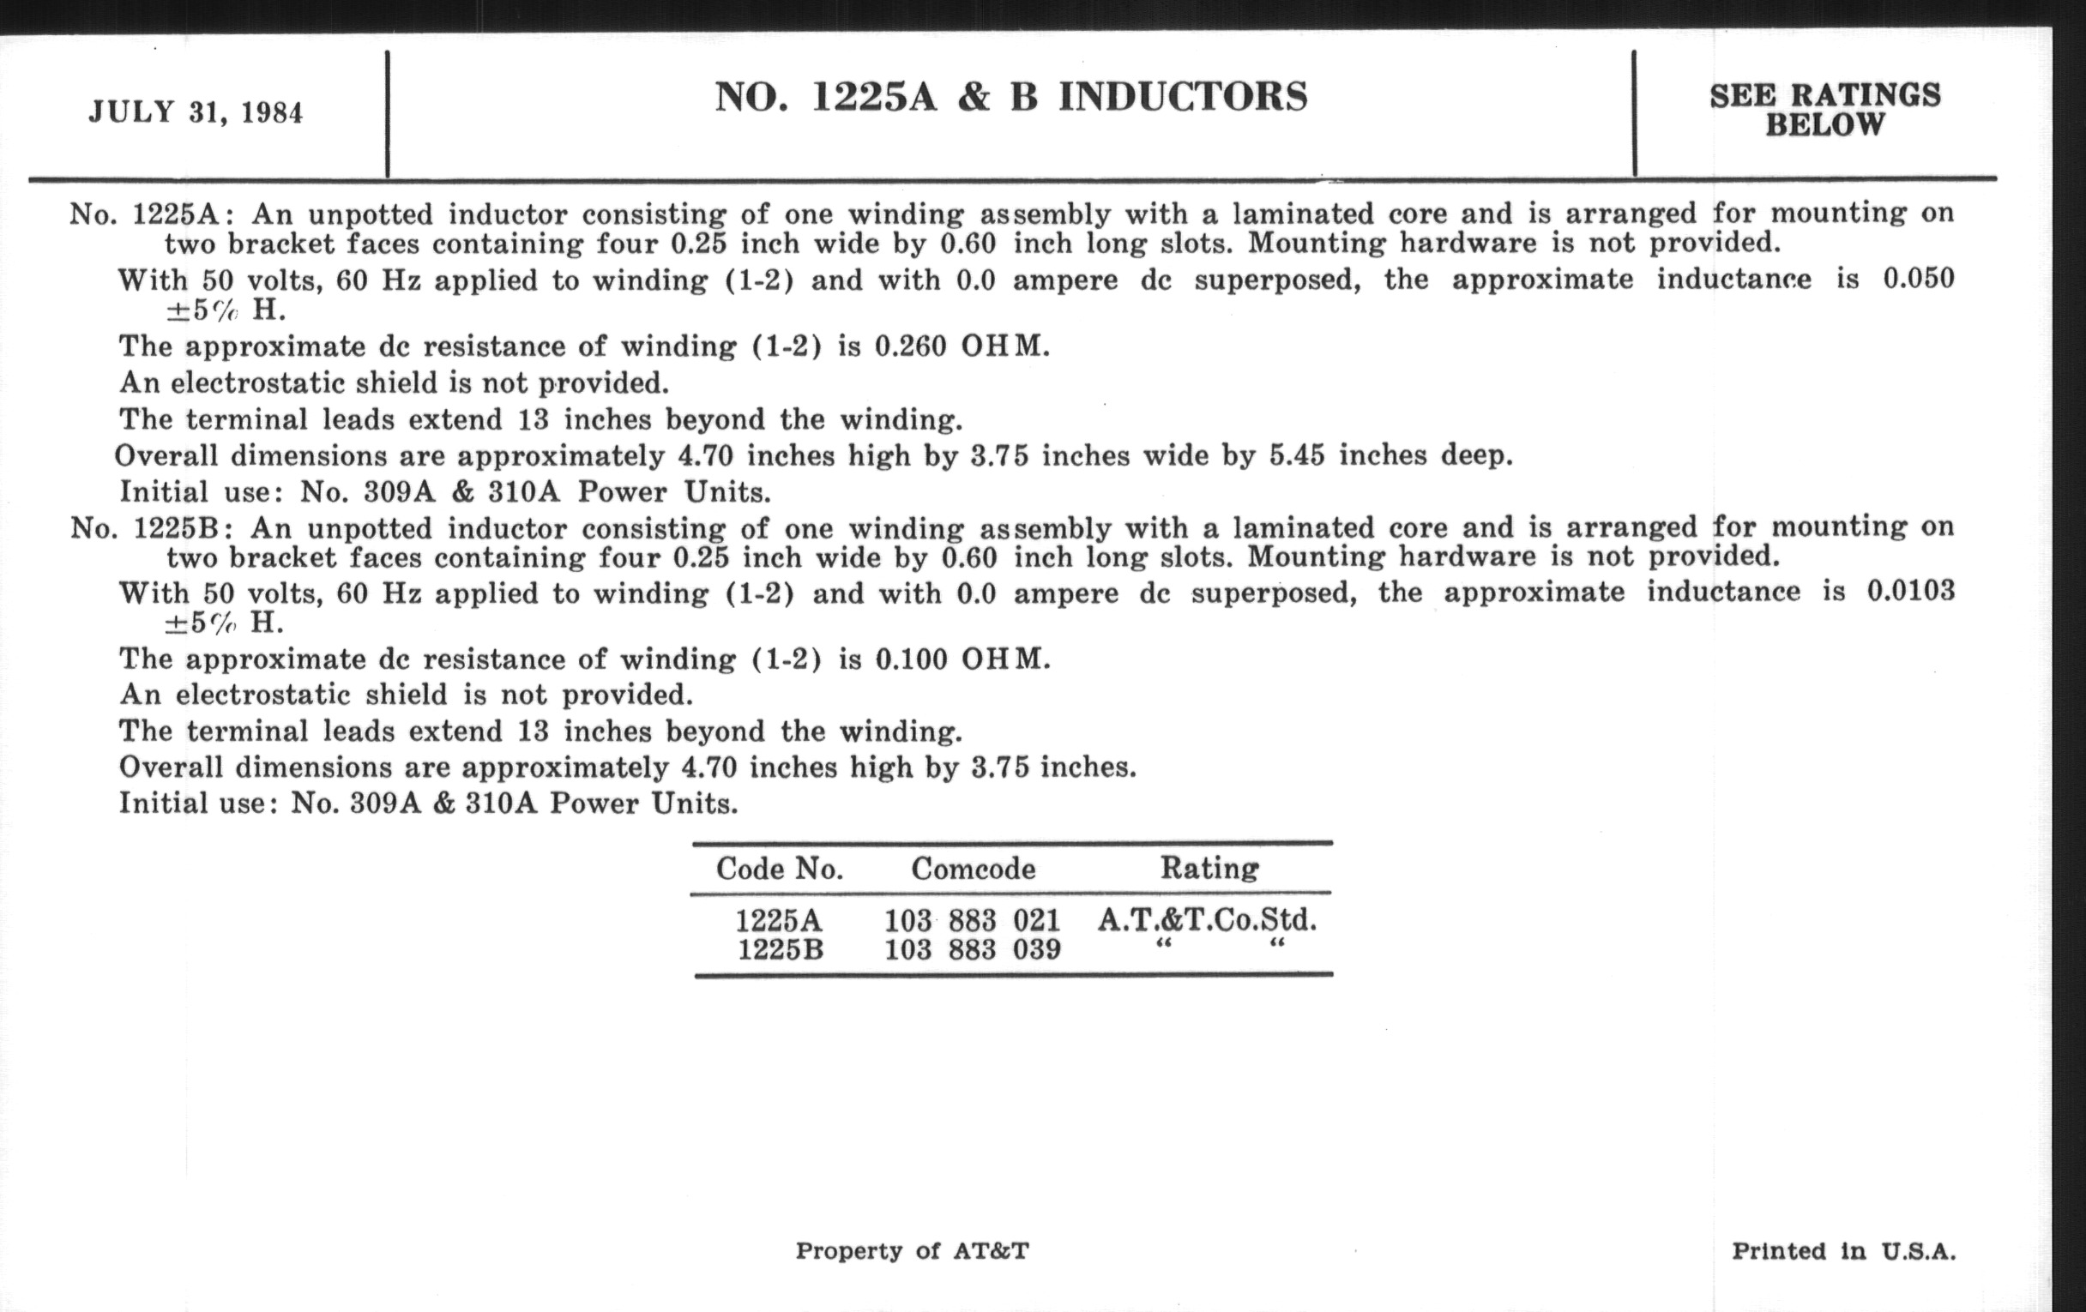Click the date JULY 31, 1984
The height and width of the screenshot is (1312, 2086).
click(196, 113)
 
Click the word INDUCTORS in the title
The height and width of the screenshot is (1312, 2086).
click(1183, 97)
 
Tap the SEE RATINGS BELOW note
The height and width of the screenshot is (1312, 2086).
click(1825, 110)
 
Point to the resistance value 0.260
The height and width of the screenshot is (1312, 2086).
click(910, 346)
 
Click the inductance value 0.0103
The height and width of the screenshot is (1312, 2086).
click(1910, 592)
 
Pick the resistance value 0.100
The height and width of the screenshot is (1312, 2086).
click(911, 659)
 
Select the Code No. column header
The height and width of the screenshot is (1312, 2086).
click(780, 869)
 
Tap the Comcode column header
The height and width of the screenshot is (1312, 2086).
click(973, 869)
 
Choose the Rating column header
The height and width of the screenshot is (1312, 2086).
click(1209, 868)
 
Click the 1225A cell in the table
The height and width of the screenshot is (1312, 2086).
click(779, 921)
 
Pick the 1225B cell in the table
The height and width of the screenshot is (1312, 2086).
click(780, 950)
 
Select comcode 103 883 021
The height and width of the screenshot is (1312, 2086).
click(972, 921)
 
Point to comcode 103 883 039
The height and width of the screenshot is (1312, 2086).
click(972, 950)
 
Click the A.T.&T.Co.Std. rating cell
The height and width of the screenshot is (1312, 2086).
click(1207, 920)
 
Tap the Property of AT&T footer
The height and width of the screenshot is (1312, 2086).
click(912, 1250)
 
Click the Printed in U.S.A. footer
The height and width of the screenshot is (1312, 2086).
click(1843, 1251)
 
